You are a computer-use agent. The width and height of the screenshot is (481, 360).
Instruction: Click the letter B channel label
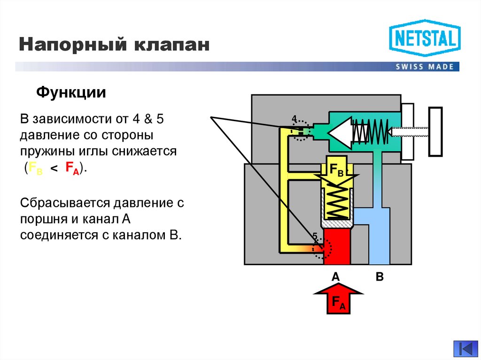coord(380,277)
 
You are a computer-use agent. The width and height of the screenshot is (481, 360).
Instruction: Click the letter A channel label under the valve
coord(336,277)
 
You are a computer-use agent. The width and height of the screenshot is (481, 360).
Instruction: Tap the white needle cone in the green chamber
coord(340,133)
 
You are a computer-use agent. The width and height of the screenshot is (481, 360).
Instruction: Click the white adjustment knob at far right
coord(436,131)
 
